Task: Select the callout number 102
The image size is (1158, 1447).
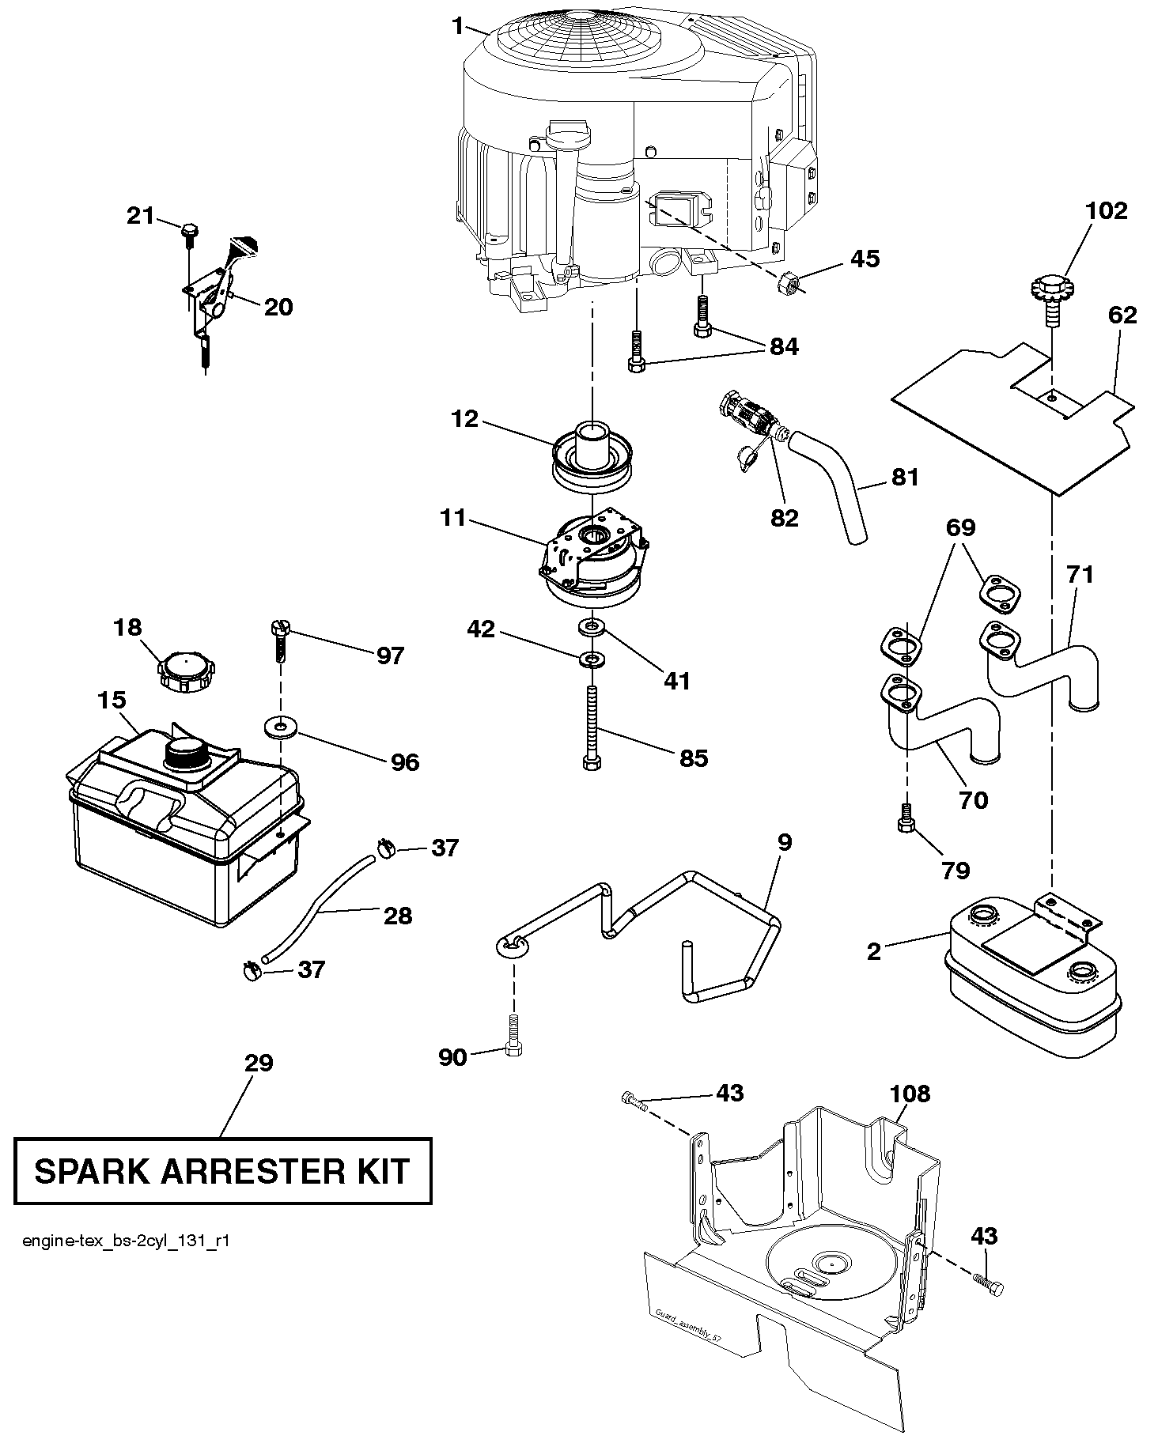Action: coord(1106,211)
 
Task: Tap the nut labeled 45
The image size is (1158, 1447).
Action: coord(788,280)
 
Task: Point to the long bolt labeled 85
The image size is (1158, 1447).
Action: coord(592,727)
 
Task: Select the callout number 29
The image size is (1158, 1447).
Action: coord(259,1064)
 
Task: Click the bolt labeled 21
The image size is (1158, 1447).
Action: coord(190,231)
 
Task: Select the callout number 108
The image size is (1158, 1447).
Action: coord(910,1094)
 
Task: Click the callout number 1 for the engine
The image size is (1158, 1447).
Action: coord(458,26)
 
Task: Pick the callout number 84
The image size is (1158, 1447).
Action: coord(783,347)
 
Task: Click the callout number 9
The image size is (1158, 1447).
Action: coord(784,843)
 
